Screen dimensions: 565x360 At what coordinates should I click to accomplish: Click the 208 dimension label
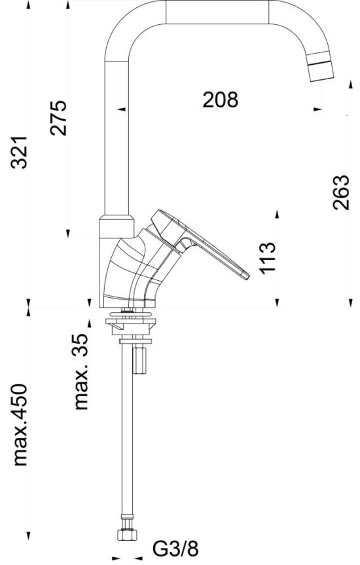[220, 100]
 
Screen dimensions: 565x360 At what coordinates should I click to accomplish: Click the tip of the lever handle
[246, 276]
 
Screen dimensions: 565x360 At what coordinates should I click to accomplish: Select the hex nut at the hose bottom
[126, 535]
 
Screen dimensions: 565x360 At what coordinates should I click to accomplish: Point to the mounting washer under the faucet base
[133, 321]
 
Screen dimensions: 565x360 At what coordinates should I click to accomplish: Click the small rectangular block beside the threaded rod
[139, 359]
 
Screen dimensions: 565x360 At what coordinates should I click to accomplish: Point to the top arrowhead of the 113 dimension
[278, 214]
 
